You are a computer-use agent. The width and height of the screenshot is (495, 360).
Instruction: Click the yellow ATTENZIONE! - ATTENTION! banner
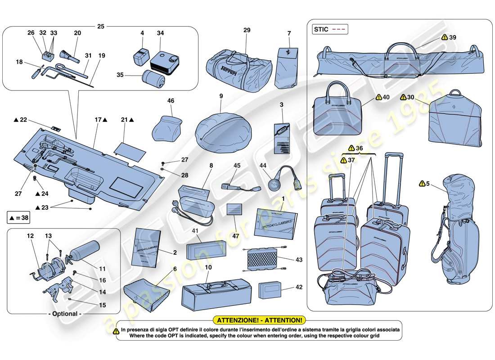tap(260, 320)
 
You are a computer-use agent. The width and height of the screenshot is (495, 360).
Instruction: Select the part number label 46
tap(170, 101)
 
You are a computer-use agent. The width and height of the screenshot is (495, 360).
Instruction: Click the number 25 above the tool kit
tap(101, 27)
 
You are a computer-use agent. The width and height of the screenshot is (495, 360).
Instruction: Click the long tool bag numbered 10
tap(216, 295)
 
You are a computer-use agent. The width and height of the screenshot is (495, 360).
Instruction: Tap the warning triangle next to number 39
tap(445, 38)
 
